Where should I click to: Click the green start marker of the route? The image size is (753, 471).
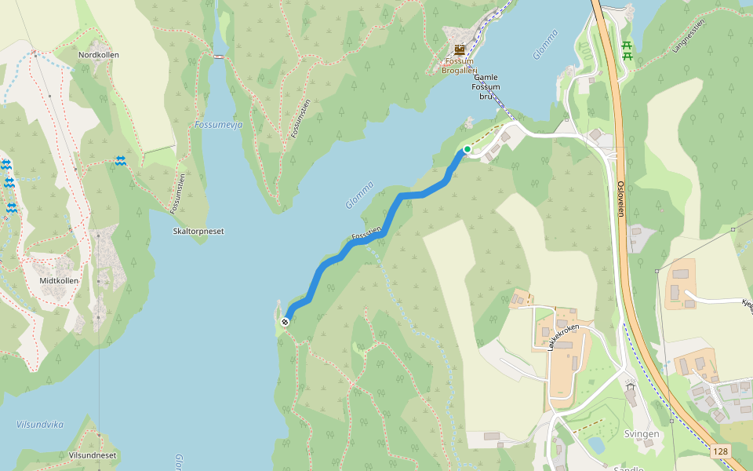467,148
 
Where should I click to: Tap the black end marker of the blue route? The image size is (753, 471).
286,321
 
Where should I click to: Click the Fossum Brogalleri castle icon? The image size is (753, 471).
460,49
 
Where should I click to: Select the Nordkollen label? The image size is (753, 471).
97,55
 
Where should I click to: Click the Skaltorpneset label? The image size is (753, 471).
198,232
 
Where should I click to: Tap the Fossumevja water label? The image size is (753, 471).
218,125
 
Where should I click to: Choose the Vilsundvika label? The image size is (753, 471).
40,425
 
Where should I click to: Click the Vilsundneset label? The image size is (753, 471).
93,455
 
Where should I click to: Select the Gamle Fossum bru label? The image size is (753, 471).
486,87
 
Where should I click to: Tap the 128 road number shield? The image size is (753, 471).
721,451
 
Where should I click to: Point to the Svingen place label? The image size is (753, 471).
642,434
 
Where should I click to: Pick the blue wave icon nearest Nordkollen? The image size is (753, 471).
121,160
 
